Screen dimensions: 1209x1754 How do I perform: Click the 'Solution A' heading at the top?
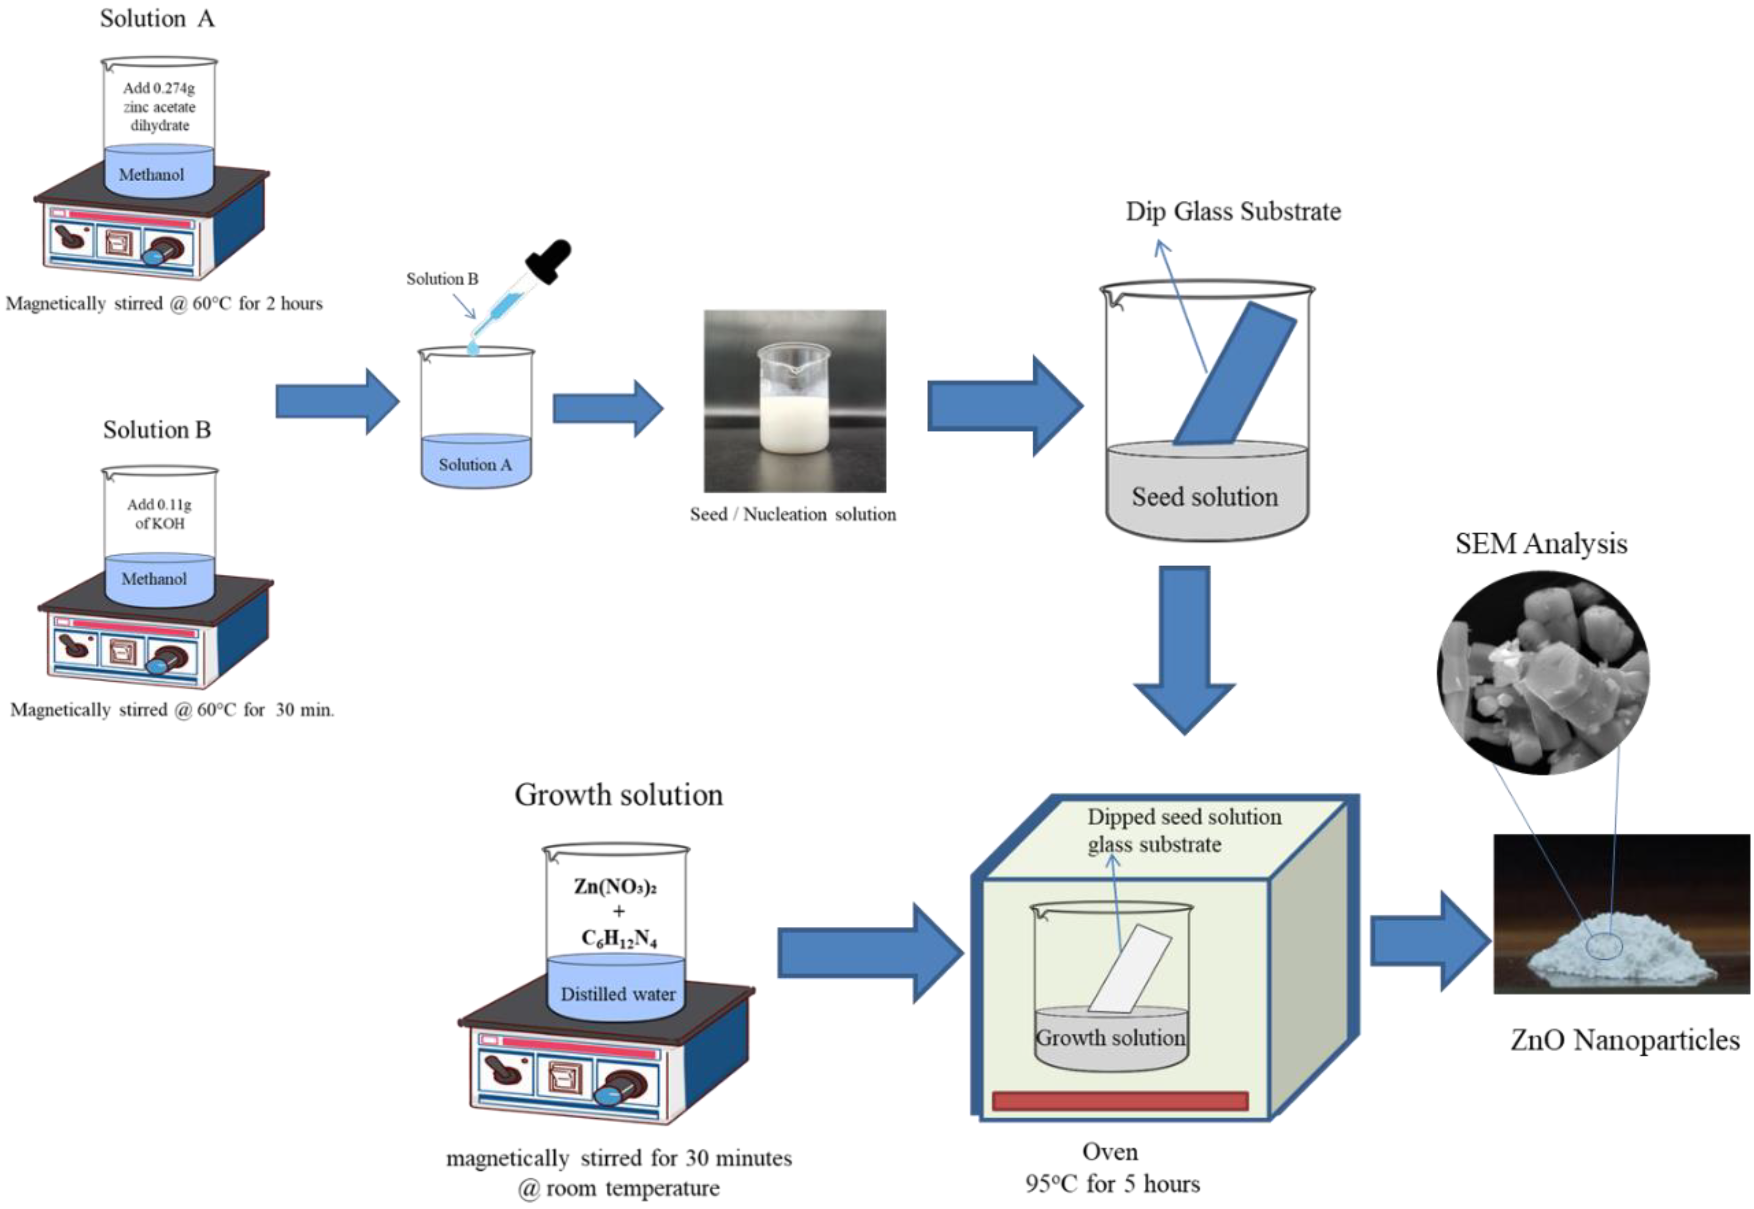pyautogui.click(x=157, y=18)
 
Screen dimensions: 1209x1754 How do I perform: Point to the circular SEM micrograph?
pyautogui.click(x=1543, y=673)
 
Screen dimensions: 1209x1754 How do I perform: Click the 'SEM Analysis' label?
pyautogui.click(x=1541, y=544)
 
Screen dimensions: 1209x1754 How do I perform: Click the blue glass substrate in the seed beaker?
pyautogui.click(x=1234, y=375)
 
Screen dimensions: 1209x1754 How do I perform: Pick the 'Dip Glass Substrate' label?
pyautogui.click(x=1233, y=211)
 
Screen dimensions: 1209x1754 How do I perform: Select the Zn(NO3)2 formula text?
pyautogui.click(x=615, y=886)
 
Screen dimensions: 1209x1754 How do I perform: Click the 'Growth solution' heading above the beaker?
pyautogui.click(x=618, y=795)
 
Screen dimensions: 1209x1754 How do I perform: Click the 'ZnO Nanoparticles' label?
pyautogui.click(x=1624, y=1040)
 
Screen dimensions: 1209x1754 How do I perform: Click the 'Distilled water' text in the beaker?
pyautogui.click(x=618, y=994)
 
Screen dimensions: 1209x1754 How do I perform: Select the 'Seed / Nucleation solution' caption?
pyautogui.click(x=793, y=514)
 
